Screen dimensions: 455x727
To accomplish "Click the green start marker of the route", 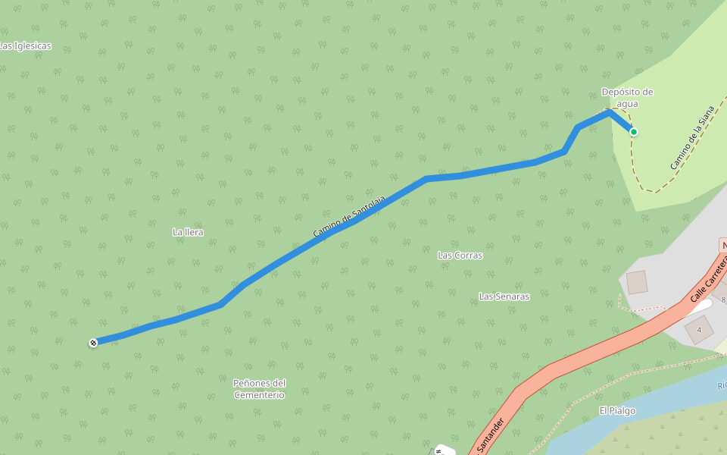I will (x=633, y=132).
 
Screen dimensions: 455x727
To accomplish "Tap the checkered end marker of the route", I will (x=93, y=343).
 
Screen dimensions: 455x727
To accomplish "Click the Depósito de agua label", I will (x=627, y=98).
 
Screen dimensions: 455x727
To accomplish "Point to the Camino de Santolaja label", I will (x=349, y=217).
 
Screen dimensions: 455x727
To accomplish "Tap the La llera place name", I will (x=188, y=232).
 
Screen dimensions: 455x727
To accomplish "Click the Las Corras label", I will (x=460, y=256).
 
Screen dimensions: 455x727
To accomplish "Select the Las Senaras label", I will (x=504, y=297).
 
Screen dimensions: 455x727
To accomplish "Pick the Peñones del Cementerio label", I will (x=259, y=389).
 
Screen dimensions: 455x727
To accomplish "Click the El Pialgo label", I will (x=617, y=411).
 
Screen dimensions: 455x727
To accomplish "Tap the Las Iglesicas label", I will (x=26, y=46).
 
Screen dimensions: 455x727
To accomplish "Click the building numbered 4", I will (x=698, y=330).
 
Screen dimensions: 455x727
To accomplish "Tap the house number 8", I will (x=722, y=300).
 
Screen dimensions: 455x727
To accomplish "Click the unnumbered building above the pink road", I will (x=636, y=282).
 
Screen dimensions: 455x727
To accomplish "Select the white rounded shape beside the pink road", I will (x=696, y=305).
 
